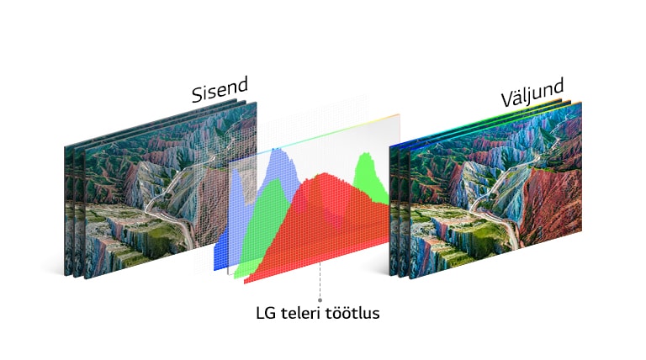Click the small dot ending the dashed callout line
tap(320, 299)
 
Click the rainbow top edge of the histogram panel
tap(336, 132)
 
